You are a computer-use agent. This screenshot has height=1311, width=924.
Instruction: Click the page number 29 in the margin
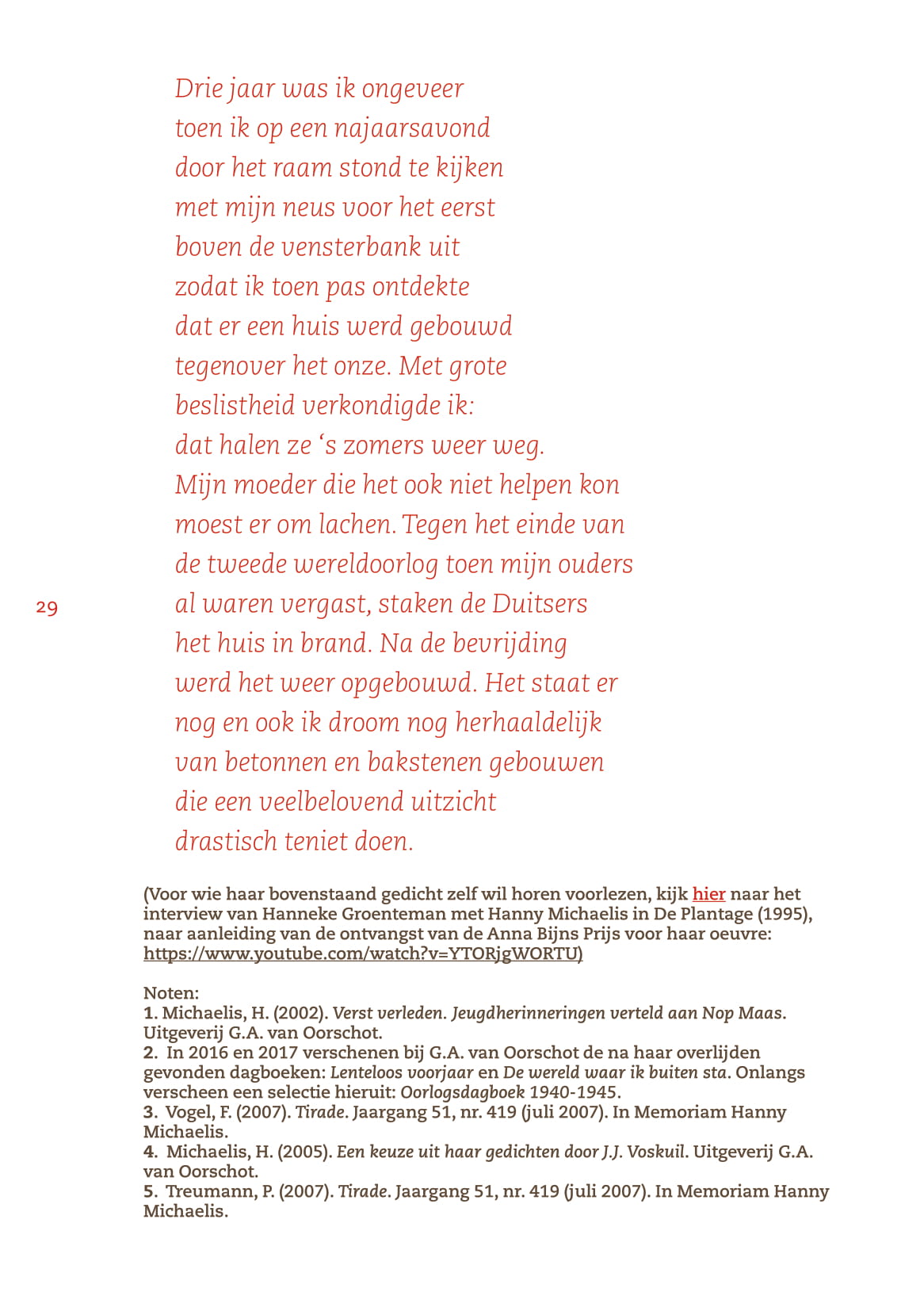[47, 608]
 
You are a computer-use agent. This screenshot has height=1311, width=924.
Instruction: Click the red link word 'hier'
[708, 894]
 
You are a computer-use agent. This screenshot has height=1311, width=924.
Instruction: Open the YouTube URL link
[362, 954]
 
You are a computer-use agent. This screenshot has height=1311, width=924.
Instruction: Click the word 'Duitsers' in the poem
[540, 604]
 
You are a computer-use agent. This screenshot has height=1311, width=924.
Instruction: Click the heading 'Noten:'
[171, 993]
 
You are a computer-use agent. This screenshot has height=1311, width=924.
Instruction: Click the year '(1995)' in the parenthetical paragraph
[784, 914]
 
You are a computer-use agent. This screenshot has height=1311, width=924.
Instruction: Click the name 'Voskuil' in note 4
[655, 1152]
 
